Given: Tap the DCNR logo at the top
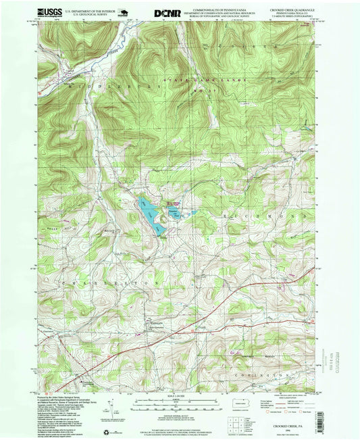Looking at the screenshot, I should pyautogui.click(x=166, y=12).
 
